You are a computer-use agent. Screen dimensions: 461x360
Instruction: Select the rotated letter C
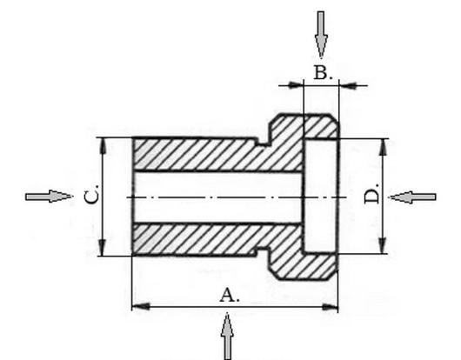(91, 194)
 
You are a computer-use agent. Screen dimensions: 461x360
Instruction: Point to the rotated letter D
(372, 195)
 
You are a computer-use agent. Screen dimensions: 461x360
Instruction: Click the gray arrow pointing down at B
(321, 35)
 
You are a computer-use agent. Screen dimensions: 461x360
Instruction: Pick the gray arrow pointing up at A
(227, 337)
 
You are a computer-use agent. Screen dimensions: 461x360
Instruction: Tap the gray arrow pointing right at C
(49, 197)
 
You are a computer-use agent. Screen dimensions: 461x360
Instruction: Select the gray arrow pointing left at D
(412, 197)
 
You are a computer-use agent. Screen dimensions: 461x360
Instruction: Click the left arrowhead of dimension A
(141, 307)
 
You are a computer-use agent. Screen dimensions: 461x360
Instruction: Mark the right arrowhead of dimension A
(330, 307)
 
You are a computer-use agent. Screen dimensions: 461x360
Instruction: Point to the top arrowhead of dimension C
(103, 146)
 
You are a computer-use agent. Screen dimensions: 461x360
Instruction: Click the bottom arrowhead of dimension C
(102, 248)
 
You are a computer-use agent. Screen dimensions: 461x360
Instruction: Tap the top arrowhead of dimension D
(383, 147)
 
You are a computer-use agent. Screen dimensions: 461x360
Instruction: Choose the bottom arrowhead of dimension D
(382, 245)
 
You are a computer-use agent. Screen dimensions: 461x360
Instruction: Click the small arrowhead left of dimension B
(296, 85)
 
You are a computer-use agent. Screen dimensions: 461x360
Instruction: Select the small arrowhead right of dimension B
(347, 85)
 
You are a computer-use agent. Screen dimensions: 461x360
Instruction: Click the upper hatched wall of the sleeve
(217, 154)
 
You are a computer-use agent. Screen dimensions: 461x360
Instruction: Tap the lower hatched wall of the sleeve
(217, 238)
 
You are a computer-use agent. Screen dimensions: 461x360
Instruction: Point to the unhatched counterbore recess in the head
(320, 196)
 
